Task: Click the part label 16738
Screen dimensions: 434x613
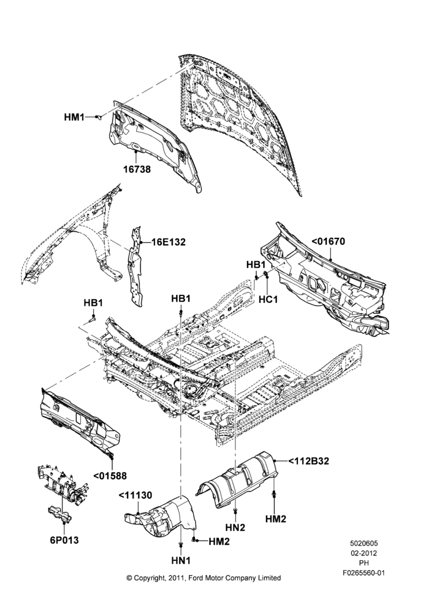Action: click(137, 169)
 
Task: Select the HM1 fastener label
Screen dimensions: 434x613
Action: click(74, 117)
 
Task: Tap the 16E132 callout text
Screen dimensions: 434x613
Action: click(169, 242)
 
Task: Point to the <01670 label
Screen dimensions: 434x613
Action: click(329, 241)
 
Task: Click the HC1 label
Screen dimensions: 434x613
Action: click(268, 300)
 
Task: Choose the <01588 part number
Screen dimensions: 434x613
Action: click(110, 476)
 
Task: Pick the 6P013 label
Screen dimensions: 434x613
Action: click(64, 540)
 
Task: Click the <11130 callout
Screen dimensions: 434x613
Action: click(135, 495)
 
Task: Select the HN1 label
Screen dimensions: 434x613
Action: click(181, 560)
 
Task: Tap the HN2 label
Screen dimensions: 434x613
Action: click(235, 527)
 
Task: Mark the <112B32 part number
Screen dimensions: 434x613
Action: click(308, 461)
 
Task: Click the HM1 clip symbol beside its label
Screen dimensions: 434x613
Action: click(98, 116)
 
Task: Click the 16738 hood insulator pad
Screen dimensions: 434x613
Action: click(153, 145)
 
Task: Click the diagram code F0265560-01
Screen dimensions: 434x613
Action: click(364, 573)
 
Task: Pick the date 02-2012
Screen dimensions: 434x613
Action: click(364, 553)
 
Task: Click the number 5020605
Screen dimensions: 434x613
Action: click(364, 543)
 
